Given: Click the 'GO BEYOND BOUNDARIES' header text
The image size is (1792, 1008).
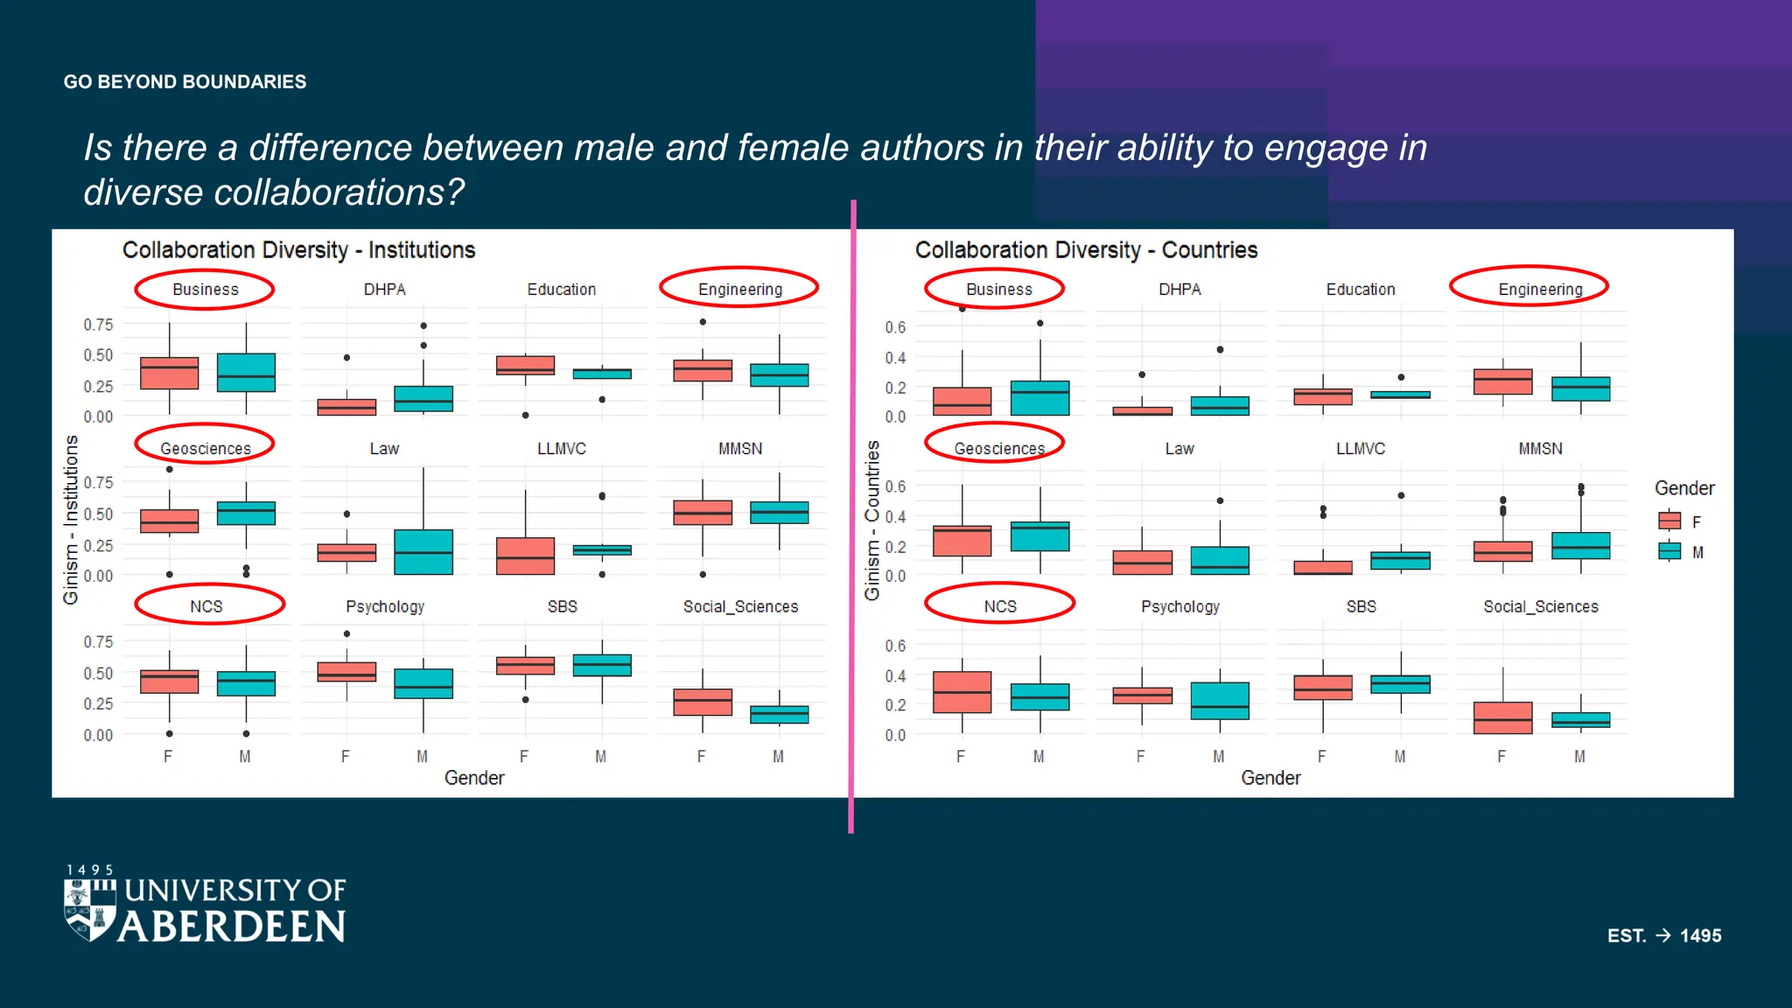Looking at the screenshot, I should pos(185,82).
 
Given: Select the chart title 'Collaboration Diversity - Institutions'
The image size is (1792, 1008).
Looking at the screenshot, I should pos(298,250).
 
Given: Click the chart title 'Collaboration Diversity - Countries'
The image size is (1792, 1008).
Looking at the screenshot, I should pos(1086,250).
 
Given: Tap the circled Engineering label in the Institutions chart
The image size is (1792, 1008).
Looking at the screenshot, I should pos(739,289).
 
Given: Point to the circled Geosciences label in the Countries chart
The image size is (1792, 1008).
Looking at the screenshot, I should pos(998,448).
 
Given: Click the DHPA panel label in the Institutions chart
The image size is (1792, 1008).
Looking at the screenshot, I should pos(384,289).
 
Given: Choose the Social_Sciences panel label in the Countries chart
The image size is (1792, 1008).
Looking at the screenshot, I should pos(1540,606).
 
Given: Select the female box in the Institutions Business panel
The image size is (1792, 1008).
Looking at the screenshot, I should pos(169,374).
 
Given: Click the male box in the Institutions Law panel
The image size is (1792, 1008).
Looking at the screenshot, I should pos(423,552).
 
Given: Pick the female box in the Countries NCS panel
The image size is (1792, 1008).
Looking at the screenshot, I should pos(962,692).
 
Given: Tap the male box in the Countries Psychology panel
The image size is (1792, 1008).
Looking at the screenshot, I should pos(1220,701).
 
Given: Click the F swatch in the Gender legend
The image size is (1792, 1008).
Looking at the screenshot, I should pos(1669,521).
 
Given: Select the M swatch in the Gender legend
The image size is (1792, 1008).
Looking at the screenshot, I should pos(1669,551).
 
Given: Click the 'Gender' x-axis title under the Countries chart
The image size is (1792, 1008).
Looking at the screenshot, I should pos(1270,778).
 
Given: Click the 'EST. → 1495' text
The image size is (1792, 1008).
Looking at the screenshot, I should pos(1663,935).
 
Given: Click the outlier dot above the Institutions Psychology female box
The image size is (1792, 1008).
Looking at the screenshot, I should pos(347,633).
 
